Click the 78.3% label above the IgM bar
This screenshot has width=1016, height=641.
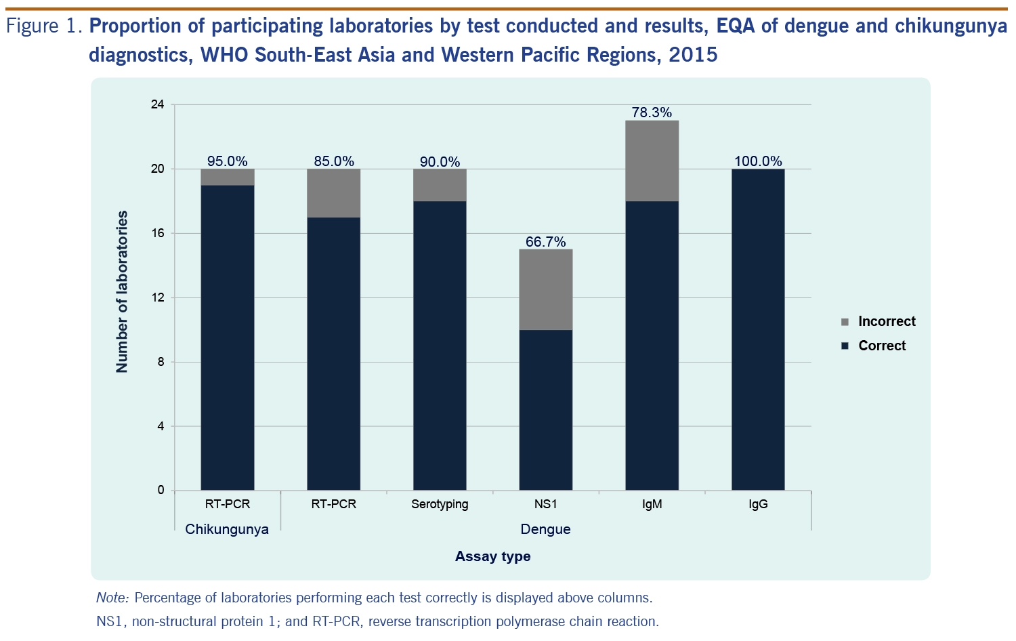(652, 112)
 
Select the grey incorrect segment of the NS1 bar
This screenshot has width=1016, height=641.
(546, 289)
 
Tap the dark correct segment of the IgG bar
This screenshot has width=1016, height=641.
(758, 329)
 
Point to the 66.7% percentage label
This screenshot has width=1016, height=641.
(546, 242)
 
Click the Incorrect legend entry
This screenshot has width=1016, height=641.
(878, 321)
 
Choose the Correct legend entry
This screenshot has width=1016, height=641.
(873, 346)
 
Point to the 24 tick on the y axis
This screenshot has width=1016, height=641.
(157, 104)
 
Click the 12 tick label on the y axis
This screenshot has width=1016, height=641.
(157, 297)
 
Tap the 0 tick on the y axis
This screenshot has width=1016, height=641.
(161, 490)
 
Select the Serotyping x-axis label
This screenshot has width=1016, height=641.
(440, 504)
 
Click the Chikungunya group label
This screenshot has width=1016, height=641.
(227, 529)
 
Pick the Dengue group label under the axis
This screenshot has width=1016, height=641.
(546, 529)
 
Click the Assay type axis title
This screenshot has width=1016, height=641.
(492, 556)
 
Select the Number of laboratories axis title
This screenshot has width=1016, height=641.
(121, 291)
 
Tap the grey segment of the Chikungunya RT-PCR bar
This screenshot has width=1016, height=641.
(227, 177)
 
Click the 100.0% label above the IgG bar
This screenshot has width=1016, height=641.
(758, 161)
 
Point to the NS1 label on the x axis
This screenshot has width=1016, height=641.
(546, 504)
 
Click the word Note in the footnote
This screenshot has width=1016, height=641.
(112, 598)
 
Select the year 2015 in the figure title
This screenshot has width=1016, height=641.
(694, 54)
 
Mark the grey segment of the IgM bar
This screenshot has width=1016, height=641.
(652, 161)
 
